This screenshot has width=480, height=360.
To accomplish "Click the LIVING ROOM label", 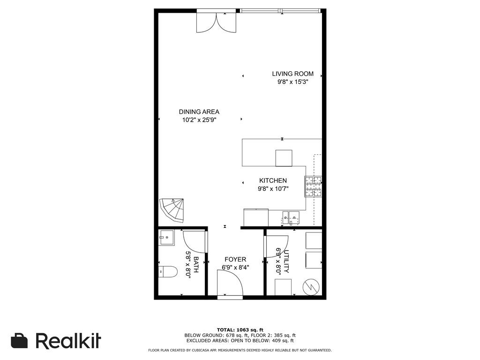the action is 292,74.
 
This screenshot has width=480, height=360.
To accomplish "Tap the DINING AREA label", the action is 199,112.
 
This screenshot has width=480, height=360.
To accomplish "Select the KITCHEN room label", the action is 273,180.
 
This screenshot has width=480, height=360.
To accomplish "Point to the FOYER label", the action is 235,260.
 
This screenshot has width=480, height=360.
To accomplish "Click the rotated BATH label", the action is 196,265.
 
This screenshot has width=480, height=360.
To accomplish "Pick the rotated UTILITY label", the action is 286,262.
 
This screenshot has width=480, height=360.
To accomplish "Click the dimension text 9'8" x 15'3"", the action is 292,82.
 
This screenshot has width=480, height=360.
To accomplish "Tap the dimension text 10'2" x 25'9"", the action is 199,120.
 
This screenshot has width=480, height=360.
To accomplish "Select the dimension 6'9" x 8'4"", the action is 235,268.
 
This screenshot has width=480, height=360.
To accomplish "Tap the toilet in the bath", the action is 168,271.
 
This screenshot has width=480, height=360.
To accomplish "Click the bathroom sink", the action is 166,238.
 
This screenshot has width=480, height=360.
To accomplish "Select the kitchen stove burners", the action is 313,187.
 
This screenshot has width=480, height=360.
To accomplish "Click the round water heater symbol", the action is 311,287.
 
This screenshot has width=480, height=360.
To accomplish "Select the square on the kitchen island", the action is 284,158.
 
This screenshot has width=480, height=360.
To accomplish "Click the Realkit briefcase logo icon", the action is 19,341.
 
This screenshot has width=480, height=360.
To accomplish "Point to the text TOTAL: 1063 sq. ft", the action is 240,330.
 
